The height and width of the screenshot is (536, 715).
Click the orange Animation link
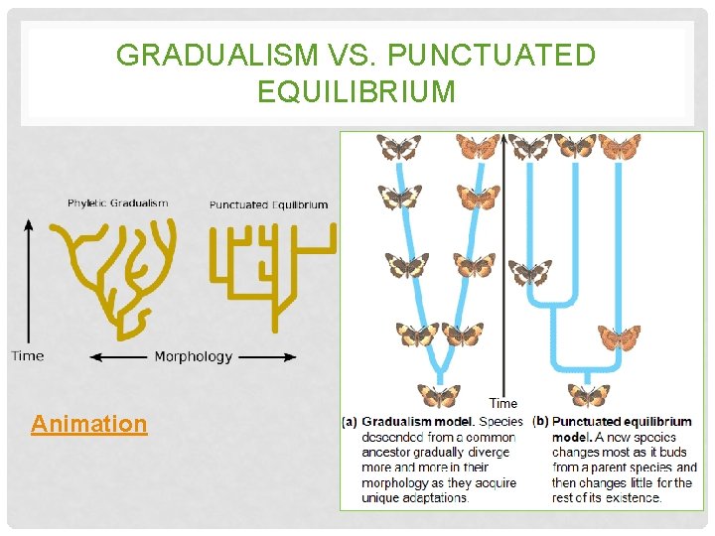click(88, 425)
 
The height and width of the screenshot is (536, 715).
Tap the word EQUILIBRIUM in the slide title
click(357, 92)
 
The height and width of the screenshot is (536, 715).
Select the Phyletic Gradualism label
click(117, 203)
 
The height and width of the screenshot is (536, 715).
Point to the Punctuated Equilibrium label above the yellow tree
click(268, 205)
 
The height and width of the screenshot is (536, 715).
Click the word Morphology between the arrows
click(193, 356)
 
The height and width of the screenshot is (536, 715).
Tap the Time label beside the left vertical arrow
click(27, 355)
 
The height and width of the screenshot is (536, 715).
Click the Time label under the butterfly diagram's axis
click(503, 403)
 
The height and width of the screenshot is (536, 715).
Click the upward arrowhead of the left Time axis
click(28, 225)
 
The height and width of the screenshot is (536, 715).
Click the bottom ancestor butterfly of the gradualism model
click(438, 396)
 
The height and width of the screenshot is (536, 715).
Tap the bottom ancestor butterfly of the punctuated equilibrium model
click(589, 396)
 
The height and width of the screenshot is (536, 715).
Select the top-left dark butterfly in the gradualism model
click(398, 148)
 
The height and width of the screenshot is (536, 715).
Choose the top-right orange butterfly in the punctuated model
click(620, 148)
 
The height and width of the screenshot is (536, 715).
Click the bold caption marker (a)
click(350, 422)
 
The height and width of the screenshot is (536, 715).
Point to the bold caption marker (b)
click(540, 422)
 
